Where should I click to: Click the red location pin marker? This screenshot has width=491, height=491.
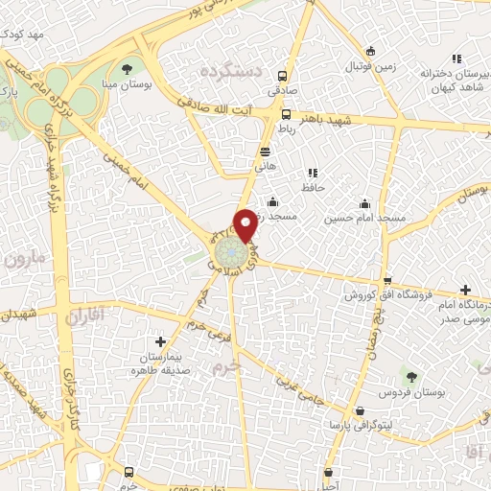pos(245,225)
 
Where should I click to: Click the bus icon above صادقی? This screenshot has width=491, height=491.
pos(282,77)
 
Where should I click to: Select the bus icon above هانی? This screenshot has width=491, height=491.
pos(265,152)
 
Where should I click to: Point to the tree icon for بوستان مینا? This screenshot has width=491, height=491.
pos(127,68)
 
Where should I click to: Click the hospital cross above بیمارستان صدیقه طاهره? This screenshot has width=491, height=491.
pos(160,340)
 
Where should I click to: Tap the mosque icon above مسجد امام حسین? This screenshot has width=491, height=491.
pos(364,203)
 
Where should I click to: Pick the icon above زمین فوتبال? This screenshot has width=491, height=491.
pos(371,51)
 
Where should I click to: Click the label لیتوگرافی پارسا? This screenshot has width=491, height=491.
pos(360,423)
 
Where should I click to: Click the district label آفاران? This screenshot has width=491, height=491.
pos(85,314)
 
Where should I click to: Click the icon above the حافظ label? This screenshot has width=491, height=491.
pos(312,173)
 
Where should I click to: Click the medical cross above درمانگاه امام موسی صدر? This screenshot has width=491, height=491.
pos(465,290)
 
